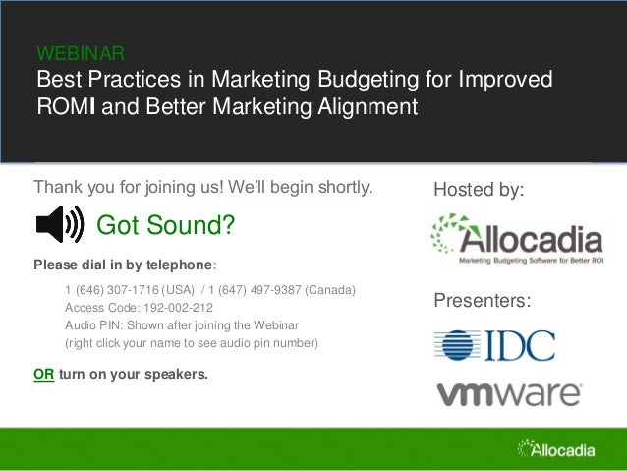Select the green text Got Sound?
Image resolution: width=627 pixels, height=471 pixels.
pyautogui.click(x=165, y=227)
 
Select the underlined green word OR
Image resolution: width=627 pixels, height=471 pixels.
pyautogui.click(x=44, y=375)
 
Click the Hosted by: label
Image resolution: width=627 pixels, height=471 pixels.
pyautogui.click(x=480, y=187)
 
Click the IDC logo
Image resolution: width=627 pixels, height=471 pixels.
pyautogui.click(x=494, y=345)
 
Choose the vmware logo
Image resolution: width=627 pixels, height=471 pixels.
pyautogui.click(x=508, y=393)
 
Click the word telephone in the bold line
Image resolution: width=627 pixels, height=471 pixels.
pyautogui.click(x=178, y=265)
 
